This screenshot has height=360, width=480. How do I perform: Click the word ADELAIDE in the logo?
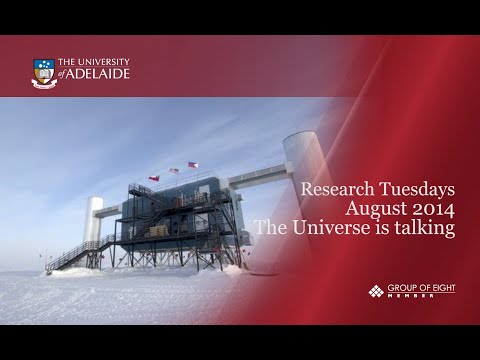click(x=102, y=74)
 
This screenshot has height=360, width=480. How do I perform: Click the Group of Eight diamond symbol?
click(x=375, y=291)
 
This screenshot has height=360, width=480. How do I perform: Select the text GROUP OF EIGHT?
click(x=419, y=288)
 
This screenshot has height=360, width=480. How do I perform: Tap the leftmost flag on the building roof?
click(x=154, y=178)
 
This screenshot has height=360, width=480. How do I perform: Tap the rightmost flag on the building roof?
click(x=193, y=165)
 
